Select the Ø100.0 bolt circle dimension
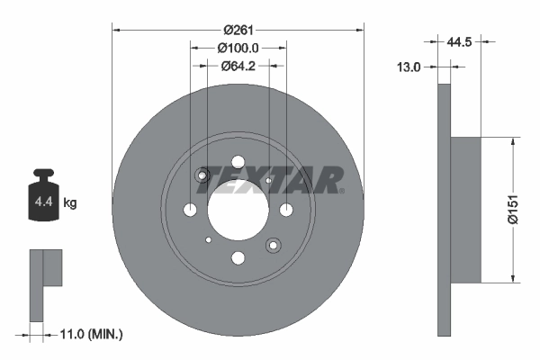click(238, 48)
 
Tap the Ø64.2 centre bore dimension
click(238, 65)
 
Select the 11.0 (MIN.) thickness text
click(89, 334)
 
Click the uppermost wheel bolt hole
click(238, 163)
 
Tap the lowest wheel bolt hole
click(238, 259)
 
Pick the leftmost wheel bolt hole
click(190, 211)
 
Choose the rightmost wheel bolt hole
click(286, 211)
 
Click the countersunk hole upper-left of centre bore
click(203, 175)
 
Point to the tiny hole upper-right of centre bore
click(269, 181)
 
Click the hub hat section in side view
click(466, 210)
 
